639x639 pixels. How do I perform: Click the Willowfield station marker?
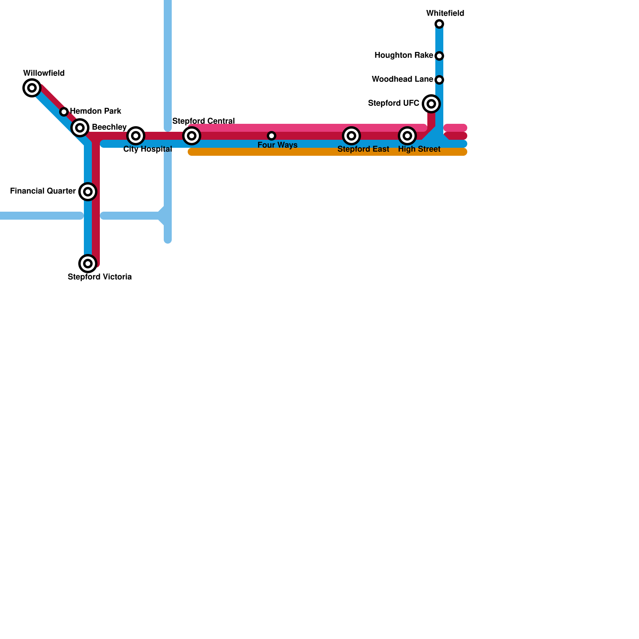coord(32,88)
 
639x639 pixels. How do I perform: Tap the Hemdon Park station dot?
coord(64,112)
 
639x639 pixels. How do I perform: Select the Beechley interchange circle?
coord(80,128)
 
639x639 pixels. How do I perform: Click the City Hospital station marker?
coord(136,136)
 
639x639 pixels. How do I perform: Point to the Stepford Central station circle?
coord(192,136)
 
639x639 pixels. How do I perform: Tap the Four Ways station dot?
coord(272,136)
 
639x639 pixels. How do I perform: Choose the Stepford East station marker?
coord(351,136)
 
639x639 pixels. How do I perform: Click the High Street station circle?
coord(407,136)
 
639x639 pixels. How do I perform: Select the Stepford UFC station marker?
coord(431,104)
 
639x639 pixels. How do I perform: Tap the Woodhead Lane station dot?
coord(439,80)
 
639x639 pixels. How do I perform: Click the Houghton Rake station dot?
coord(439,56)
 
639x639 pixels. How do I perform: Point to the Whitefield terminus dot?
coord(439,24)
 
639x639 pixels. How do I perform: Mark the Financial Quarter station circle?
coord(88,192)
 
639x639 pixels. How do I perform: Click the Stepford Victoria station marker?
coord(88,264)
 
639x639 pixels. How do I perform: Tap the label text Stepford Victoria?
coord(99,277)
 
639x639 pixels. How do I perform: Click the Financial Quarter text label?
coord(43,191)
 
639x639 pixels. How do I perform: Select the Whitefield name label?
coord(445,14)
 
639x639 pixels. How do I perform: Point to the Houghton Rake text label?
coord(403,56)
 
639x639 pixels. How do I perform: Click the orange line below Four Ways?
coord(272,152)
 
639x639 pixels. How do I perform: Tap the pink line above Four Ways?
coord(272,128)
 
